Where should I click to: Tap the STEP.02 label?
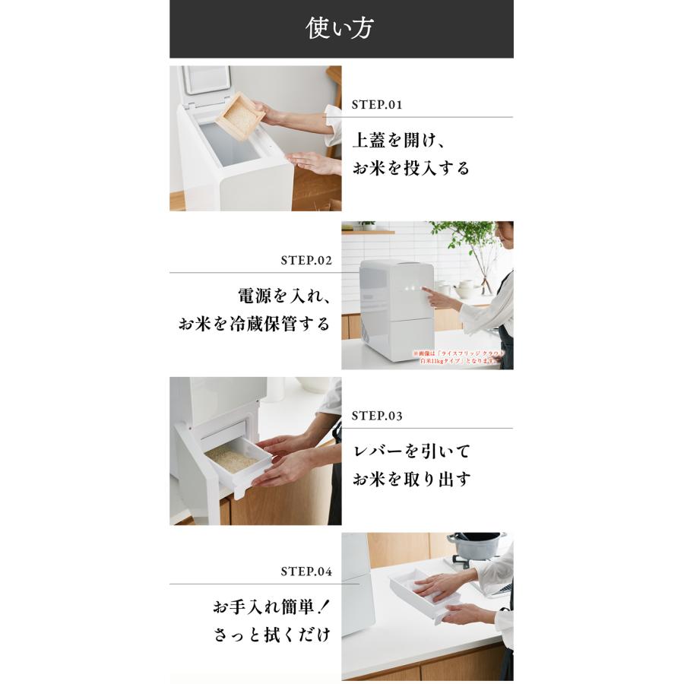306,261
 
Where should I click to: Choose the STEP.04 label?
306,572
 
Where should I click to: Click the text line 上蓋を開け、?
403,141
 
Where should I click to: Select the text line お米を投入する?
411,168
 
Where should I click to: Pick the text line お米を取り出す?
411,480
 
